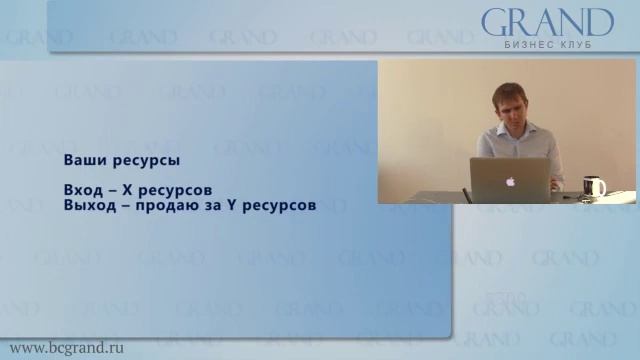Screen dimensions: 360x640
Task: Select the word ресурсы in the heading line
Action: [x=143, y=160]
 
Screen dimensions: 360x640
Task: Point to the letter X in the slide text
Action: [x=139, y=190]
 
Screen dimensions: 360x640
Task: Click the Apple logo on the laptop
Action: [x=510, y=182]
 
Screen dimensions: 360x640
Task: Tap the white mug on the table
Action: [x=594, y=186]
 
